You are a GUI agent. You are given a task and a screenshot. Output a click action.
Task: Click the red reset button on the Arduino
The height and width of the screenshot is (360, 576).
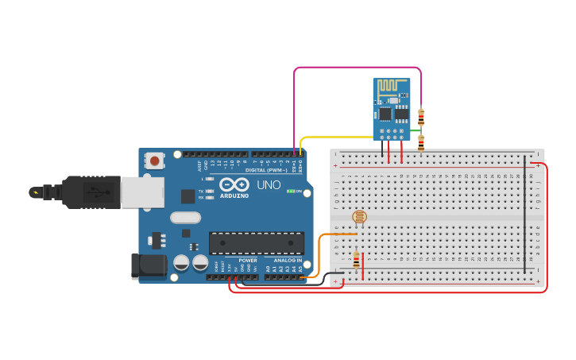[x=155, y=161]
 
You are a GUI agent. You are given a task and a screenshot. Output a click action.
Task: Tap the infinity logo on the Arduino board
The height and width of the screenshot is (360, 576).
[x=234, y=185]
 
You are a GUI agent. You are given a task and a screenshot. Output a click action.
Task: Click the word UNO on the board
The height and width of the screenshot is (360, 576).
[x=269, y=185]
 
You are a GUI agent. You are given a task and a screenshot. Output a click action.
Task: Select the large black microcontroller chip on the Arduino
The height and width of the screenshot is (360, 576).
[x=256, y=243]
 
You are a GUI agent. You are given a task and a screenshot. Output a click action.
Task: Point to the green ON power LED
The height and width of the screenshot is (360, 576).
[x=291, y=192]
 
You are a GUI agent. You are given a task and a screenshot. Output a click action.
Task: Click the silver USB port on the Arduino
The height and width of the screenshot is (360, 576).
[x=142, y=192]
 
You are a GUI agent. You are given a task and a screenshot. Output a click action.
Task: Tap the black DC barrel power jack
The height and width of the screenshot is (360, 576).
[x=147, y=265]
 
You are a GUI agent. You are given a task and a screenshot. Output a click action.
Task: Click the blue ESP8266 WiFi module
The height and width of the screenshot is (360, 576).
[x=391, y=109]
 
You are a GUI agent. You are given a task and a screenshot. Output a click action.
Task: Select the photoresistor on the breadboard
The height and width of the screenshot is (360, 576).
[x=359, y=216]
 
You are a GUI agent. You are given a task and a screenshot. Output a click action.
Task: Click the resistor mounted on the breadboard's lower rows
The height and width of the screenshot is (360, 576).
[x=356, y=261]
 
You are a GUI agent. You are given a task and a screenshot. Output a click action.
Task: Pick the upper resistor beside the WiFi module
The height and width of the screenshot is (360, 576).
[x=421, y=116]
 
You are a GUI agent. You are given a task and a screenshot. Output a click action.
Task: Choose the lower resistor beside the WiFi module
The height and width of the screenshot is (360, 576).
[x=421, y=142]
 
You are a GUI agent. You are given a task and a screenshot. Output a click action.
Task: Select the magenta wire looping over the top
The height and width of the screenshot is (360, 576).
[x=358, y=68]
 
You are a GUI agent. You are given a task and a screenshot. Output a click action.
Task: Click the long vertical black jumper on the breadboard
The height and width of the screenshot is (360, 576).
[x=524, y=215]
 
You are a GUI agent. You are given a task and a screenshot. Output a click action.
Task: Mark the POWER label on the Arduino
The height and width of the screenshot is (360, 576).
[x=248, y=261]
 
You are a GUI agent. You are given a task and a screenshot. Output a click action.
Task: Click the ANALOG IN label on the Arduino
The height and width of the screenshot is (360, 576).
[x=288, y=261]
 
